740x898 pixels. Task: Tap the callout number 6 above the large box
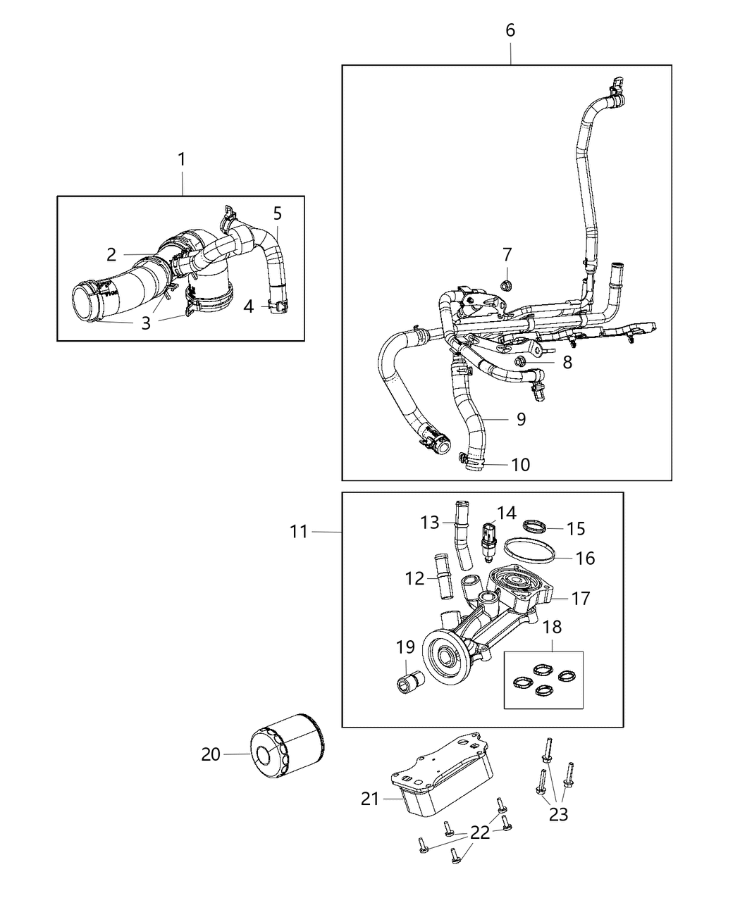tap(510, 30)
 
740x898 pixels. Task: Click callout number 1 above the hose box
tap(181, 159)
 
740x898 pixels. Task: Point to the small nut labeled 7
tap(507, 285)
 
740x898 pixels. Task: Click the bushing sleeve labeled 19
tap(409, 682)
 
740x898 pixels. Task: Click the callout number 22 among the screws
tap(480, 832)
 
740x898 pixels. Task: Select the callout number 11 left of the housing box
tap(299, 531)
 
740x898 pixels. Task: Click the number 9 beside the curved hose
tap(521, 419)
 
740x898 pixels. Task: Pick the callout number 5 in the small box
tap(277, 213)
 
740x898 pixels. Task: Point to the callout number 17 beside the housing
tap(581, 599)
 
